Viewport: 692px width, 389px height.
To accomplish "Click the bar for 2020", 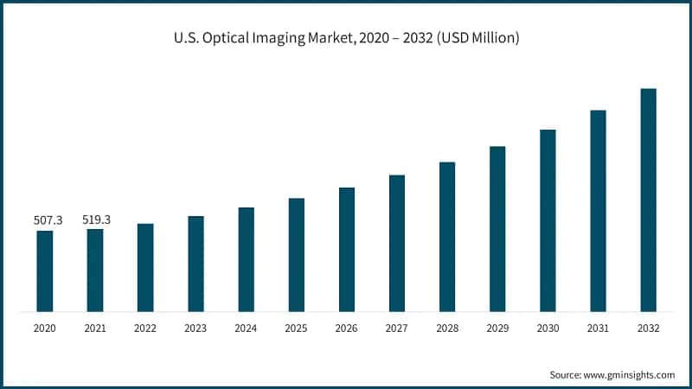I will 44,271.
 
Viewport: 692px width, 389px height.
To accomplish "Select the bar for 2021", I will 95,270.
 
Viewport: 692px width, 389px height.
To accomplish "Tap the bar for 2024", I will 246,259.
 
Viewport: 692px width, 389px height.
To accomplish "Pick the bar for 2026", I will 347,249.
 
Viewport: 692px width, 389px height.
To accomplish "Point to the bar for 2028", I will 447,236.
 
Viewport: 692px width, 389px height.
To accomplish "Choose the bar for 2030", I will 548,220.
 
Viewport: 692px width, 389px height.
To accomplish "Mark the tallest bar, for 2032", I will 648,200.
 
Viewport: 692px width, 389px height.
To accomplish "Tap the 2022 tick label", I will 145,328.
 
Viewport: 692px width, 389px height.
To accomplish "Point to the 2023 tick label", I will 195,328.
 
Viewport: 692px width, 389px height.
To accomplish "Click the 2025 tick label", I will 297,328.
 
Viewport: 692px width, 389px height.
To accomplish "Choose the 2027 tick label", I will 397,328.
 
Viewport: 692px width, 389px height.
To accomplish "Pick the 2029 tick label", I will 497,328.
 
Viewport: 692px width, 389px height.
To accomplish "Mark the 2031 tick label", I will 598,328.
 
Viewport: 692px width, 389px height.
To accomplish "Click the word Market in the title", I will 332,39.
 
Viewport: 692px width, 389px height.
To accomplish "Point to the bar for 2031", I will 598,210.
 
